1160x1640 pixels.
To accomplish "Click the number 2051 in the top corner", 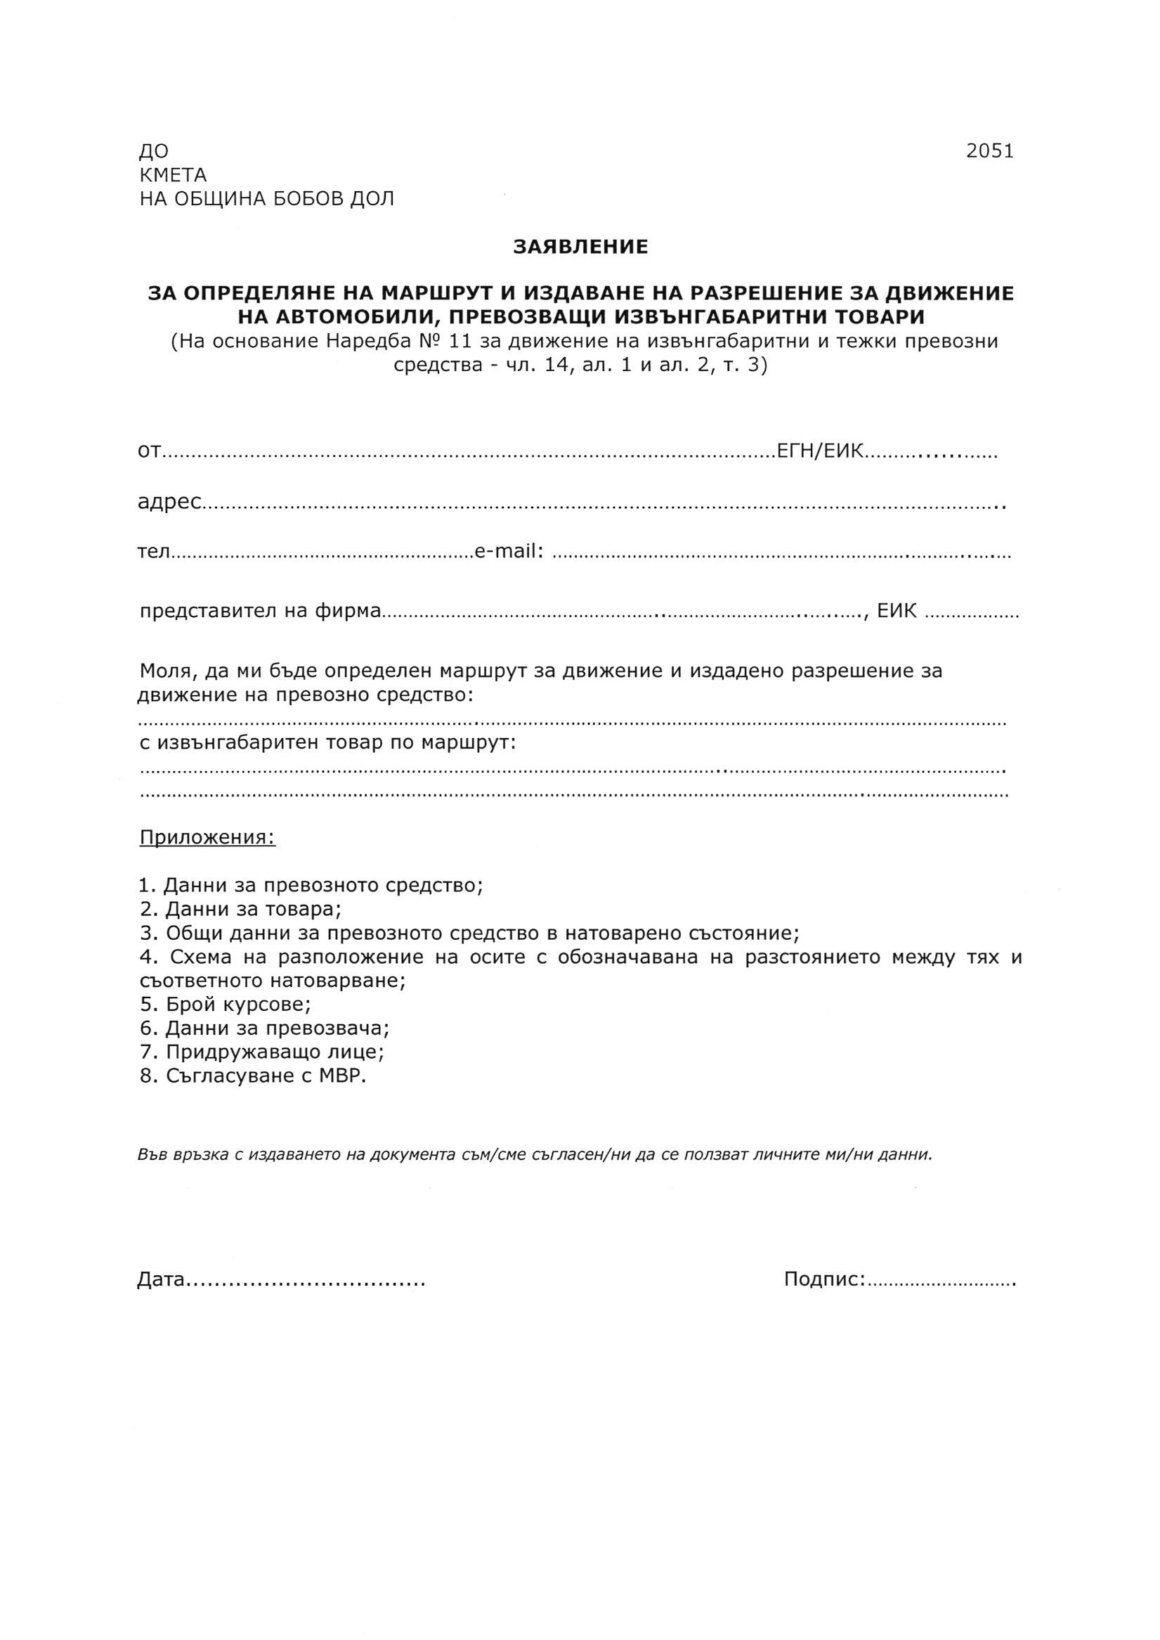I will [989, 152].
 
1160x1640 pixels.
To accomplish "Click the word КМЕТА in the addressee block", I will [173, 175].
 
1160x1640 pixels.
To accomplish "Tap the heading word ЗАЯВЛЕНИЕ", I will [580, 247].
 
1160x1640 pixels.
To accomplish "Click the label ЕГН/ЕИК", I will [821, 451].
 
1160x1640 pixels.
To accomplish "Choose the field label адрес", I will [169, 503].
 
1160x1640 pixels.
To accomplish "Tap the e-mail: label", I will [509, 552].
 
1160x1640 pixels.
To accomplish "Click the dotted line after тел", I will [321, 555].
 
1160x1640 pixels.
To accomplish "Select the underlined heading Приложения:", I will [207, 837].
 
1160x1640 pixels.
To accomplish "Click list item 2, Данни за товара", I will [241, 910].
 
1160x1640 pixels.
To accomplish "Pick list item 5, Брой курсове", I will [226, 1005].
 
